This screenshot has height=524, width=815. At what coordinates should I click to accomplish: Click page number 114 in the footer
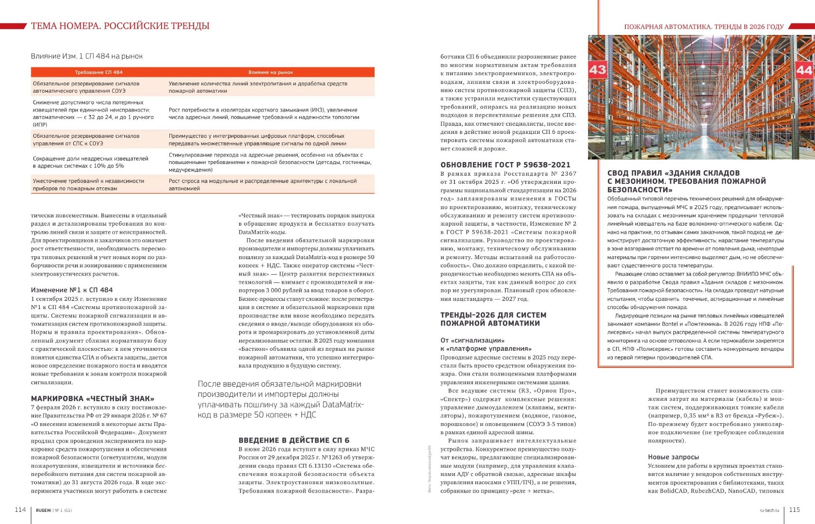pyautogui.click(x=20, y=509)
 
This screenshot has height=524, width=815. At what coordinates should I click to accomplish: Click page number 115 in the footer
pyautogui.click(x=795, y=509)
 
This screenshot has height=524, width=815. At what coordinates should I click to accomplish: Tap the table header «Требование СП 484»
pyautogui.click(x=98, y=72)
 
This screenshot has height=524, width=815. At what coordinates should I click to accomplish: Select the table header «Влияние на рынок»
pyautogui.click(x=270, y=72)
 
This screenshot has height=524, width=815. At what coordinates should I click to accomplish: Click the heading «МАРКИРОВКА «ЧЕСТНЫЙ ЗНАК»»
pyautogui.click(x=93, y=398)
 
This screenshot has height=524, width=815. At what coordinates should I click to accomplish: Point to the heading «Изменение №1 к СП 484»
pyautogui.click(x=72, y=290)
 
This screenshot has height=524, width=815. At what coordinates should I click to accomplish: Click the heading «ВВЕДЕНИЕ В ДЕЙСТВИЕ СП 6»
pyautogui.click(x=293, y=440)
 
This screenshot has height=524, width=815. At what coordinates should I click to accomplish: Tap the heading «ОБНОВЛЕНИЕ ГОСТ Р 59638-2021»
pyautogui.click(x=505, y=164)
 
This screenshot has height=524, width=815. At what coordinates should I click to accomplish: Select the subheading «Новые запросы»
pyautogui.click(x=673, y=457)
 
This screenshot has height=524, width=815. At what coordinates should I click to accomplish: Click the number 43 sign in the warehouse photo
pyautogui.click(x=597, y=69)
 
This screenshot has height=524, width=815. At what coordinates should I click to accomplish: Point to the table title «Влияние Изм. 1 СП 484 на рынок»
pyautogui.click(x=87, y=56)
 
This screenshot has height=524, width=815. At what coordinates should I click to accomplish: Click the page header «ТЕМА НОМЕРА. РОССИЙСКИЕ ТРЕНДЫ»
pyautogui.click(x=120, y=26)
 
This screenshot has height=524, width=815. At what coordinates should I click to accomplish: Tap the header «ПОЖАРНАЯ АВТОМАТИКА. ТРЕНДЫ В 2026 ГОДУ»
pyautogui.click(x=703, y=27)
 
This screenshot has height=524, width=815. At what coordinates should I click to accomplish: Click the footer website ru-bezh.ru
pyautogui.click(x=769, y=510)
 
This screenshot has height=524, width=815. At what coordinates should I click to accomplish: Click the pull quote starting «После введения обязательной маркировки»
pyautogui.click(x=280, y=399)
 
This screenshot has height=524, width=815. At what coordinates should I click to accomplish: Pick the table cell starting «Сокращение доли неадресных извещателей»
pyautogui.click(x=91, y=162)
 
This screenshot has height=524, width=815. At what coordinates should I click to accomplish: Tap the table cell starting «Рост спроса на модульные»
pyautogui.click(x=262, y=184)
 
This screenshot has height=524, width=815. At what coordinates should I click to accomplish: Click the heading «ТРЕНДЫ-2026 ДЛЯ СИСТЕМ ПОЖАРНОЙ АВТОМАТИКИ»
pyautogui.click(x=493, y=319)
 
